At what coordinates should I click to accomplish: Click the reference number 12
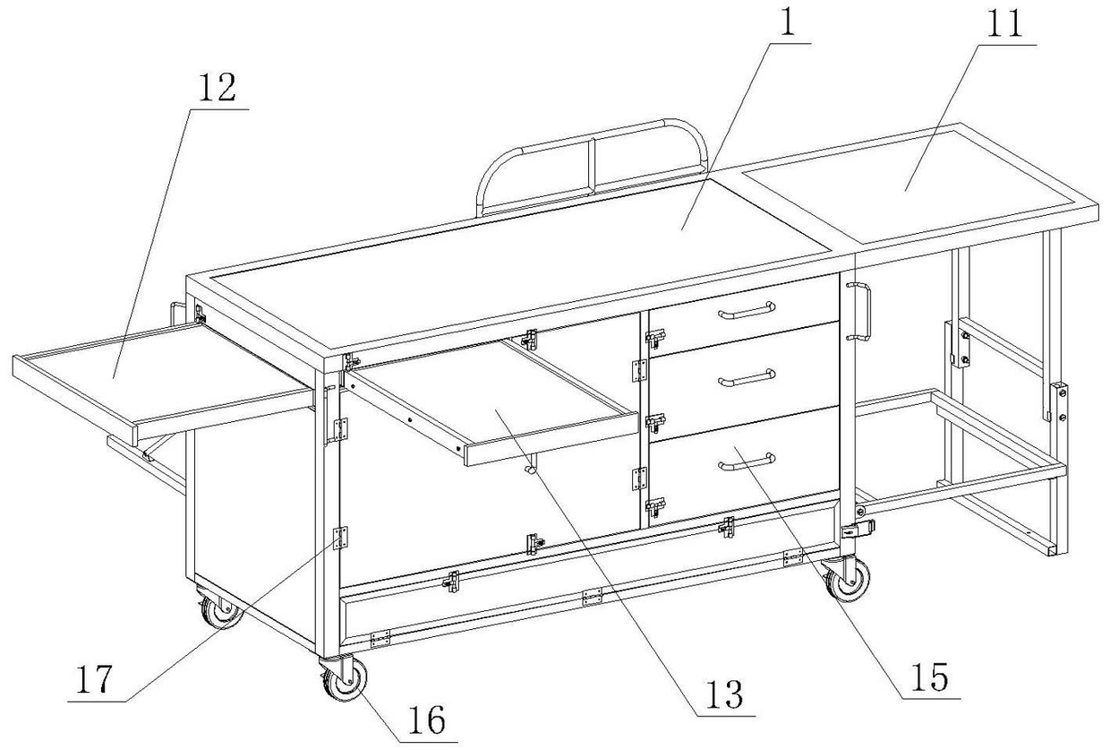coord(218,88)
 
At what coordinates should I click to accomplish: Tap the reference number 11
coord(1005,23)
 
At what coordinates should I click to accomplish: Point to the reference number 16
coord(427,720)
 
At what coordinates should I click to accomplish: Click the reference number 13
coord(725,694)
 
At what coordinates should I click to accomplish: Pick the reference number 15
coord(931,677)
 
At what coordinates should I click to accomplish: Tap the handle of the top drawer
coord(747,310)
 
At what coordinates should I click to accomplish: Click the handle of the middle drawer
coord(747,378)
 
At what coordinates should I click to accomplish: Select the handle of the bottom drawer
coord(747,461)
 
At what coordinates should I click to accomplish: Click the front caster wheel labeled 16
coord(344,679)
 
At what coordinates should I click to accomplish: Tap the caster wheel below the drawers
coord(847,580)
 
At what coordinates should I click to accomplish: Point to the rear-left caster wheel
coord(220,610)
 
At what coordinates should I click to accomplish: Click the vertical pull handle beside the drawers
coord(858,312)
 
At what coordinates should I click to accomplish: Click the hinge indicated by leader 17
coord(340,539)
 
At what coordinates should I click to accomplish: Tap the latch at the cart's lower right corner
coord(858,529)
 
